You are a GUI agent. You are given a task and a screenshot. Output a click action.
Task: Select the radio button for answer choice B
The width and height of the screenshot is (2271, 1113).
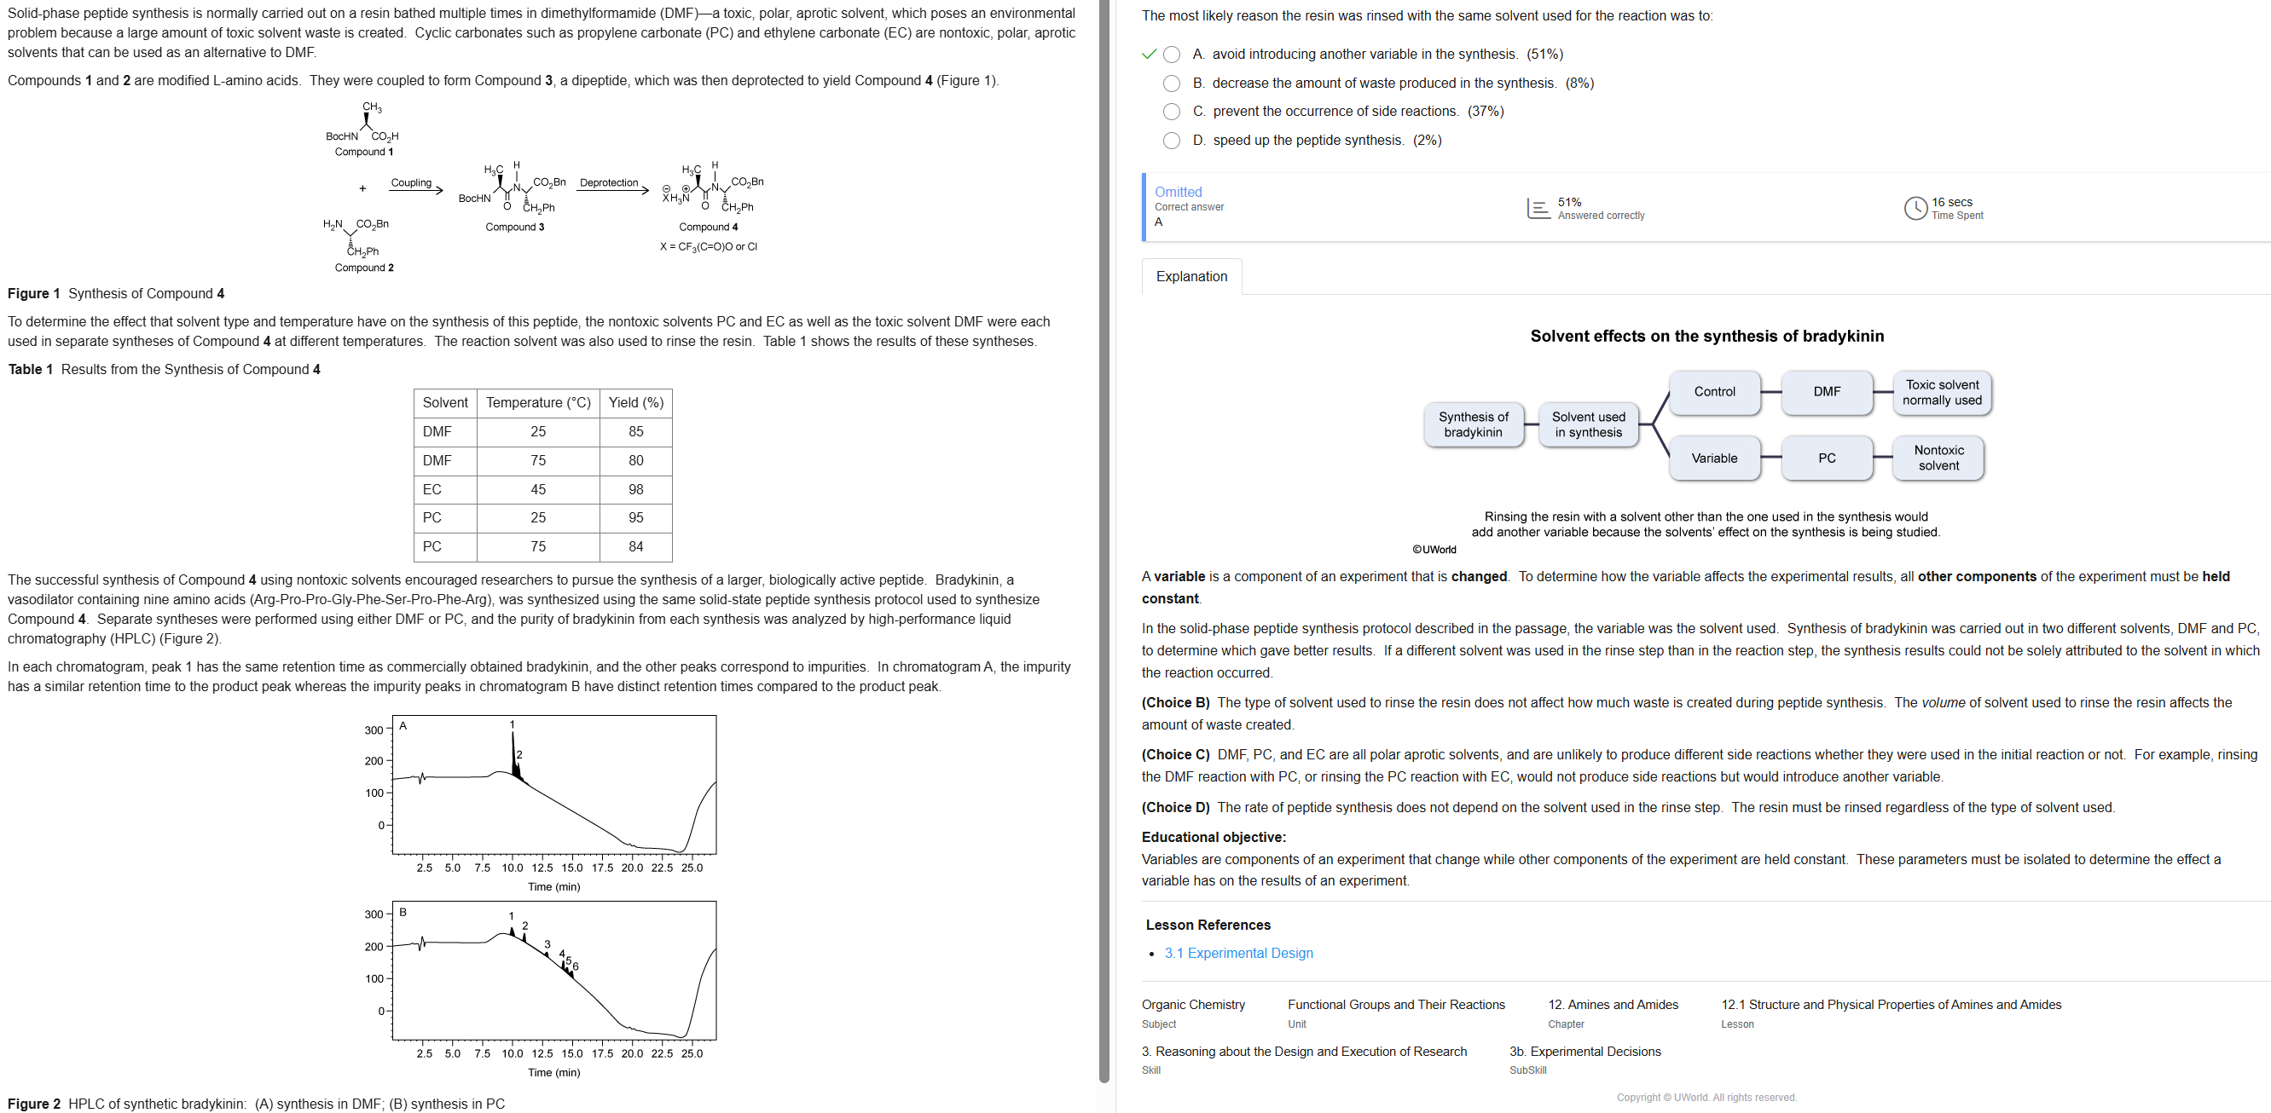1171,83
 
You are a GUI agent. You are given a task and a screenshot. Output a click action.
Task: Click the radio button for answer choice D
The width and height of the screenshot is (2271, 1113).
1171,140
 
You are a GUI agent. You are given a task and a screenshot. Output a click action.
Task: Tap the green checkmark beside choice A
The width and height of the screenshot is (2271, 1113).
1148,54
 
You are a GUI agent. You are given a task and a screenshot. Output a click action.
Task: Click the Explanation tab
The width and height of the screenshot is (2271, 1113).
1191,277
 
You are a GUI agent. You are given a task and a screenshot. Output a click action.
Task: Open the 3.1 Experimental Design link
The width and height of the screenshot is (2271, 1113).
1237,953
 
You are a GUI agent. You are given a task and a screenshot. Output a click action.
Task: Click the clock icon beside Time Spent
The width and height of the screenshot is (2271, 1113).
1915,208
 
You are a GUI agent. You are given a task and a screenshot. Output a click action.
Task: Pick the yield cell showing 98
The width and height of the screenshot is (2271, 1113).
635,489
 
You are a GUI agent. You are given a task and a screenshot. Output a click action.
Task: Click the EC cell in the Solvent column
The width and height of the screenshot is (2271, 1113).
432,489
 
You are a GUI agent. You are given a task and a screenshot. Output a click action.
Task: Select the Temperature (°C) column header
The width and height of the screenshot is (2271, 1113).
538,403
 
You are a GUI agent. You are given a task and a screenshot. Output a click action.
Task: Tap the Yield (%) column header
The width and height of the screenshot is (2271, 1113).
635,403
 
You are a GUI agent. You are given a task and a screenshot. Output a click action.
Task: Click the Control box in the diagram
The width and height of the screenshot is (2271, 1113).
1714,391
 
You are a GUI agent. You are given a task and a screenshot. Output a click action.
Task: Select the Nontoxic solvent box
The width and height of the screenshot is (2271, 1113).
1938,458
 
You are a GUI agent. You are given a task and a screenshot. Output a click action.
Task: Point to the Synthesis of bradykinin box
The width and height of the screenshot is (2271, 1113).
1472,424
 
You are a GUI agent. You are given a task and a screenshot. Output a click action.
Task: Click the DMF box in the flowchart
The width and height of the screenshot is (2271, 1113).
1826,391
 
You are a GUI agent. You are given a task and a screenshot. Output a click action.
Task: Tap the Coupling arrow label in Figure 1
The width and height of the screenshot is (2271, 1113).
411,182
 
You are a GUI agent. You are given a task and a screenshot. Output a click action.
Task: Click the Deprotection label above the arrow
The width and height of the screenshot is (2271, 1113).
608,182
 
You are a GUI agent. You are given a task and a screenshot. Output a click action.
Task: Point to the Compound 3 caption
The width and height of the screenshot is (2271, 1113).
515,227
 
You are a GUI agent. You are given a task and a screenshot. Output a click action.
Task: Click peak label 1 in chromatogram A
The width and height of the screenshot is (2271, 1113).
513,724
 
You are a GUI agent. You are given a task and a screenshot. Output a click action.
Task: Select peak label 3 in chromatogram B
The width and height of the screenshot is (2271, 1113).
547,943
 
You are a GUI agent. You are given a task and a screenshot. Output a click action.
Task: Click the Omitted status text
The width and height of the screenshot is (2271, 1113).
1178,191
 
